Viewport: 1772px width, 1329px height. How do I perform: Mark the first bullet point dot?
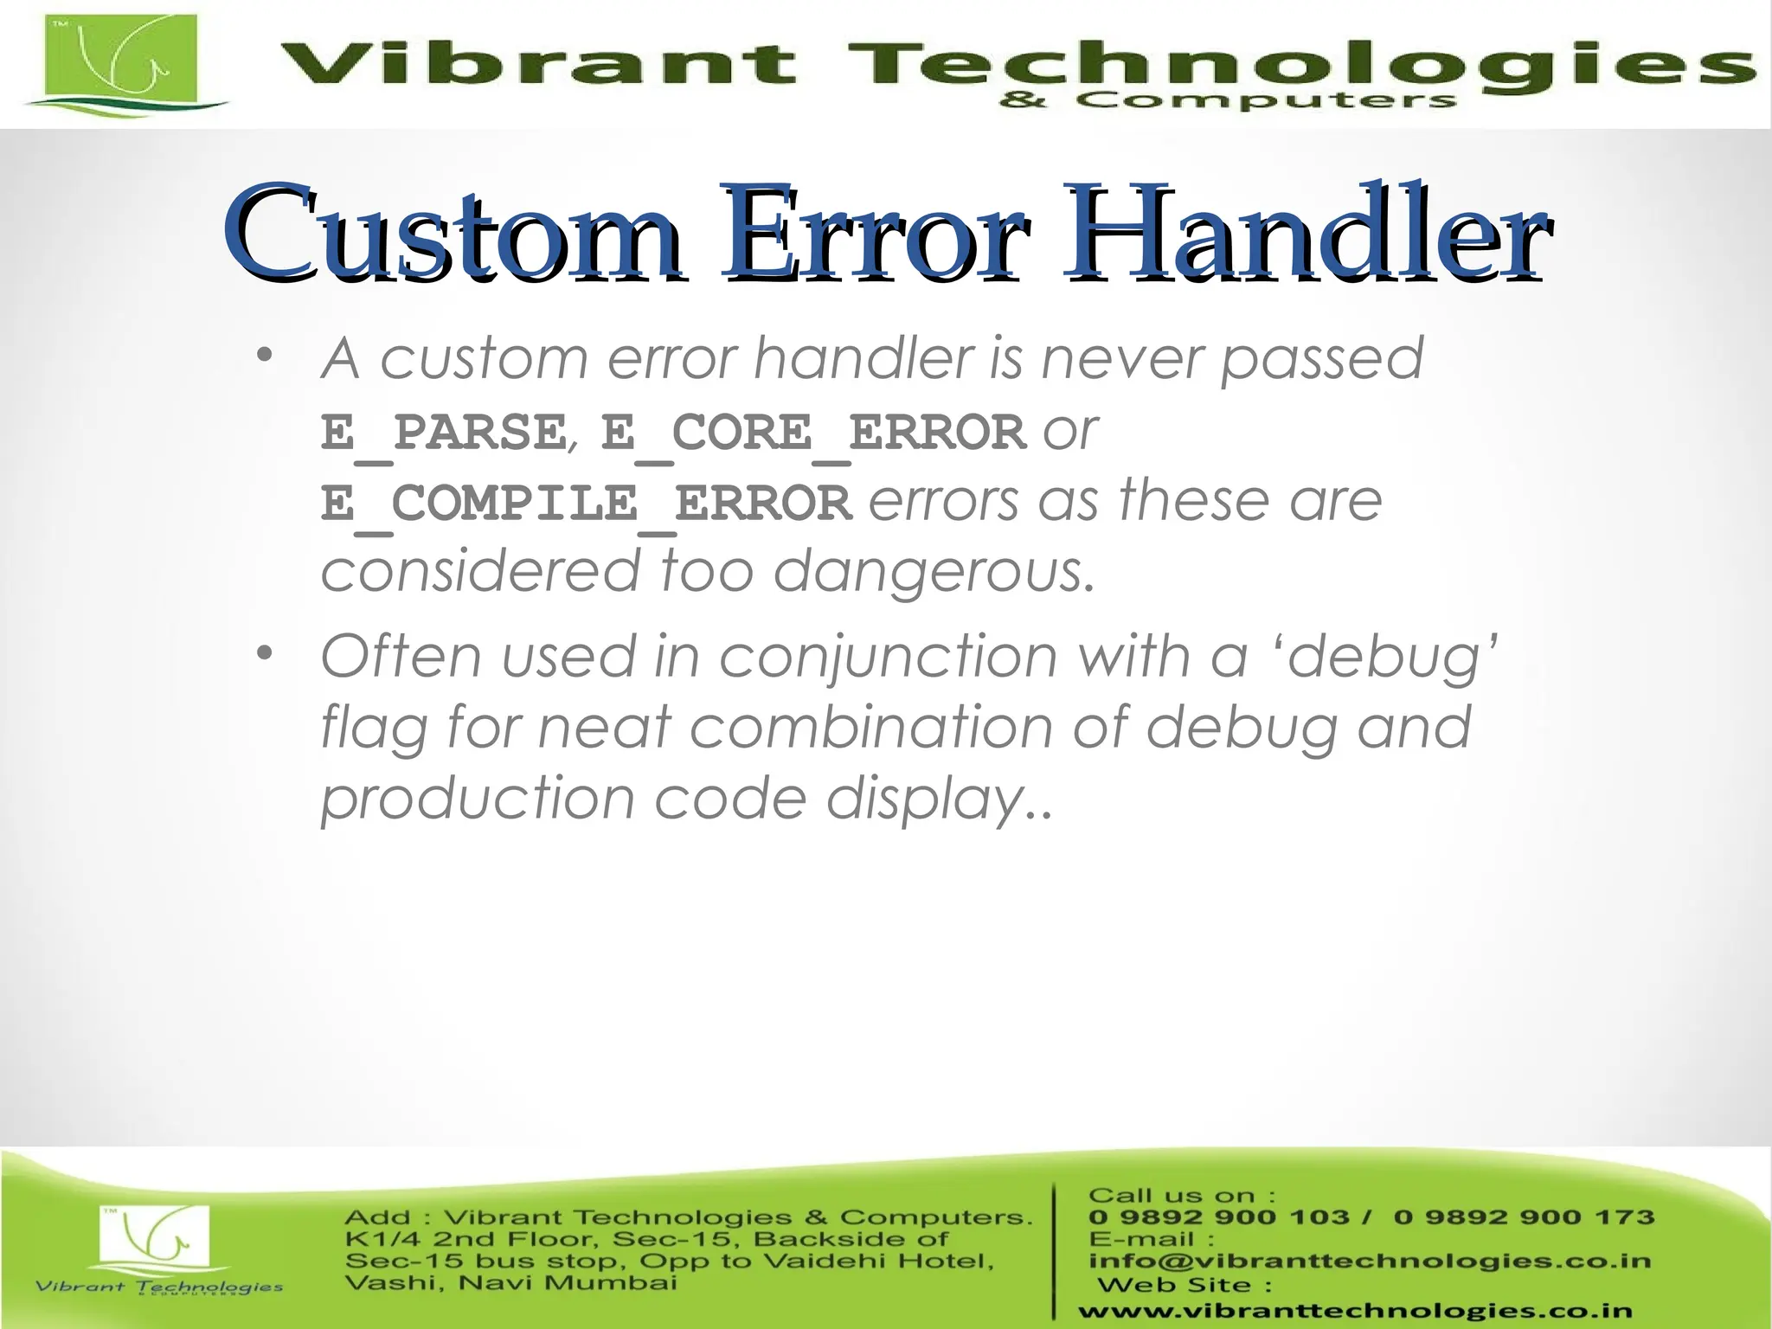[x=265, y=356]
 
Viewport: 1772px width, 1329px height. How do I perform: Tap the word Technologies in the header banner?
[x=1298, y=65]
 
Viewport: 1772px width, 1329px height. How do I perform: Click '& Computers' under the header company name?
[x=1227, y=101]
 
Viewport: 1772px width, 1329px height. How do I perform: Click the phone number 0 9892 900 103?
[x=1218, y=1217]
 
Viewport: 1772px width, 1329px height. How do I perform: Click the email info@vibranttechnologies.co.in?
[x=1369, y=1261]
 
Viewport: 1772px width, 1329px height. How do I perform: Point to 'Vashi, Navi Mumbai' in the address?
[x=510, y=1283]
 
